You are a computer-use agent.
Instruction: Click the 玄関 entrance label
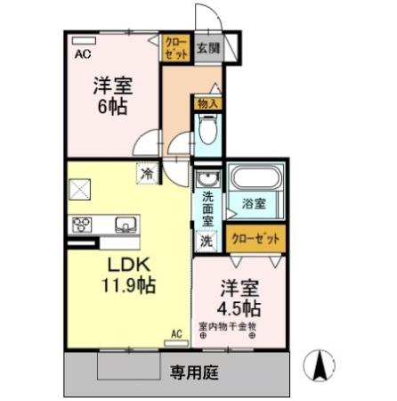(x=207, y=47)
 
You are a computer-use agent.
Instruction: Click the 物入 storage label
(x=207, y=104)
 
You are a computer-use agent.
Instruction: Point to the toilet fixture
(x=207, y=133)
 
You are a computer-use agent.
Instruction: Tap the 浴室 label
(x=254, y=204)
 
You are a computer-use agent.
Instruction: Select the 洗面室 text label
(x=207, y=208)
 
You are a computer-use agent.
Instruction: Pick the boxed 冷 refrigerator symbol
(x=145, y=174)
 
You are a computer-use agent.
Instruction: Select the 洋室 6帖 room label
(x=112, y=95)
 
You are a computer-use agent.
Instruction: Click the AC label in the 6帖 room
(x=82, y=53)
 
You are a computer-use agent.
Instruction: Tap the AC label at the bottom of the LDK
(x=176, y=334)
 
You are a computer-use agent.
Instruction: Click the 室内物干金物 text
(x=227, y=327)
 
